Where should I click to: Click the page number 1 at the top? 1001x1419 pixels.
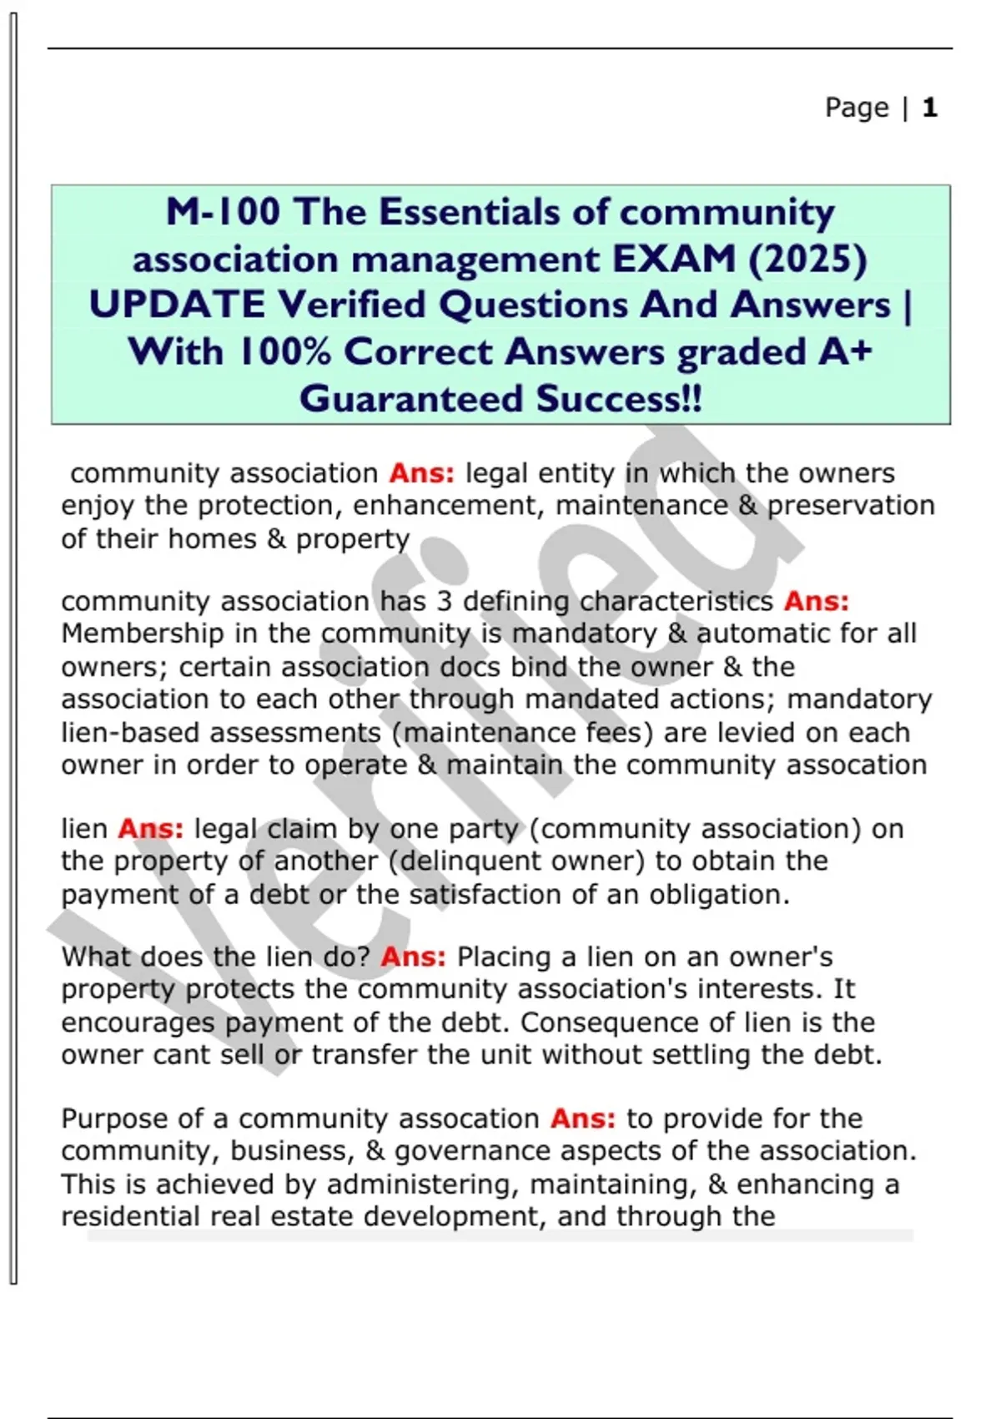pyautogui.click(x=930, y=108)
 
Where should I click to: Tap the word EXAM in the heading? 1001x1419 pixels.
pyautogui.click(x=674, y=259)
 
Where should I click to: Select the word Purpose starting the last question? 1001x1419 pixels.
pyautogui.click(x=113, y=1119)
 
